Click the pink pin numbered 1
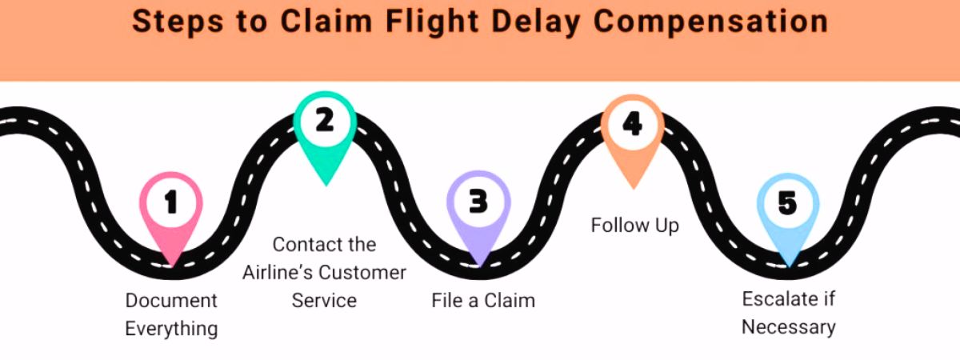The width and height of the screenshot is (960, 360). [x=170, y=206]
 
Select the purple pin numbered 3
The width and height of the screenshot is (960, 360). [x=478, y=203]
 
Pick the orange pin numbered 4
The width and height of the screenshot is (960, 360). [x=632, y=126]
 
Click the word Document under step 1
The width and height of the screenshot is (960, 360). [x=171, y=301]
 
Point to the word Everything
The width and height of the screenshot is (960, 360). [x=171, y=328]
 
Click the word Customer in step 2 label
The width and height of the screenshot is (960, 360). [x=363, y=272]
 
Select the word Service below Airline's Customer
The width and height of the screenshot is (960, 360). [x=324, y=300]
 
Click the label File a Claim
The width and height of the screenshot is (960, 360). [x=482, y=301]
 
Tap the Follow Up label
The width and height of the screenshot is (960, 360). [x=634, y=226]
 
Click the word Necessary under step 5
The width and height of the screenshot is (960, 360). [x=788, y=326]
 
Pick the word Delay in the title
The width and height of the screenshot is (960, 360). [x=535, y=22]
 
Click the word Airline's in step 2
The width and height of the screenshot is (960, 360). [x=278, y=272]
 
